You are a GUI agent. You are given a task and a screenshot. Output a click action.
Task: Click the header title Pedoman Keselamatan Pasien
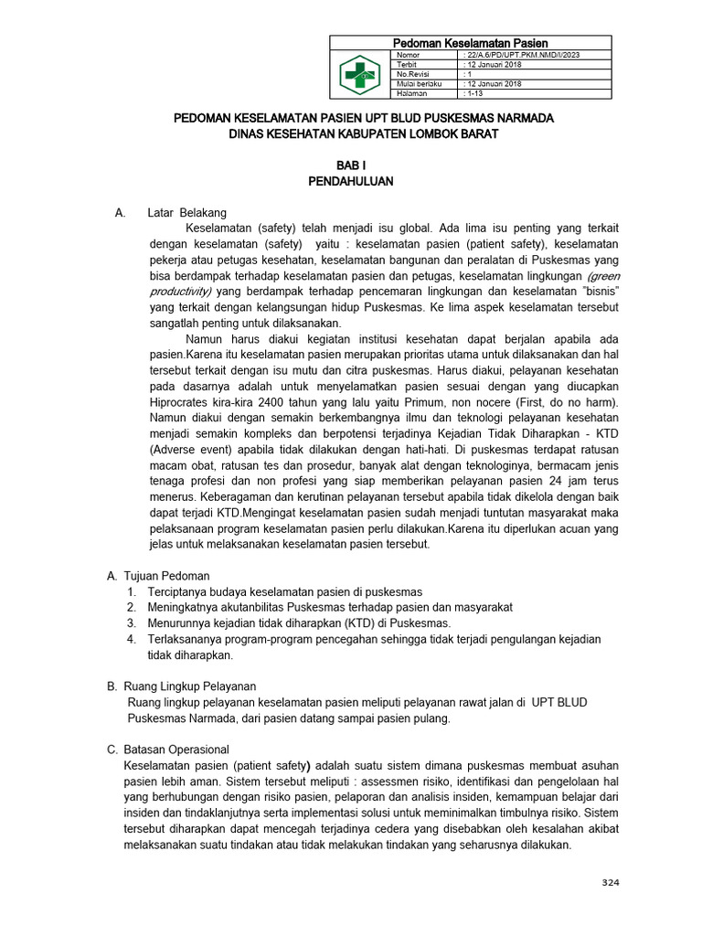(470, 43)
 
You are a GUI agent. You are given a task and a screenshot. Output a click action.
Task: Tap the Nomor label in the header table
(407, 56)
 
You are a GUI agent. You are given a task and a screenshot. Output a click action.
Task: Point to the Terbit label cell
(407, 65)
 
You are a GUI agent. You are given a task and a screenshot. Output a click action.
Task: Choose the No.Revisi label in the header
(412, 75)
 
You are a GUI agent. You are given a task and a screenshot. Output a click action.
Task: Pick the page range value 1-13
(478, 93)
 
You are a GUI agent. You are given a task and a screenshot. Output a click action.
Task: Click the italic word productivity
(178, 290)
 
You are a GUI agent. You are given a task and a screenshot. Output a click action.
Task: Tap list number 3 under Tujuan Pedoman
(133, 623)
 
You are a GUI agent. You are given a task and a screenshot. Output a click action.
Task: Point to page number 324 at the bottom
(610, 881)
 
